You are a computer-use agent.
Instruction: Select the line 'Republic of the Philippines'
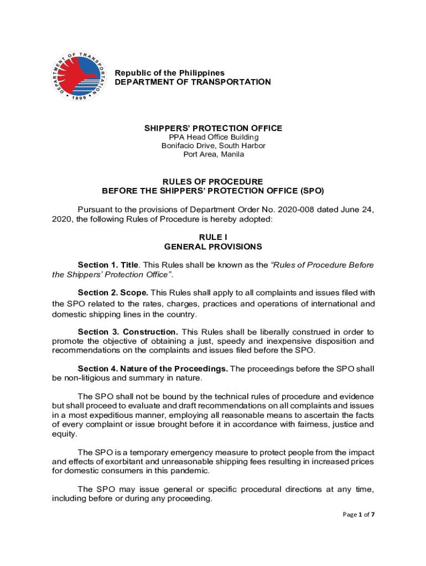[x=169, y=73]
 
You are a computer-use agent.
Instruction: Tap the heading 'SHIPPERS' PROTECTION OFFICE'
[x=213, y=128]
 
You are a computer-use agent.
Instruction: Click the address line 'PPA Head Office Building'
[x=213, y=137]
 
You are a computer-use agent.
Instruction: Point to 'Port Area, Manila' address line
[x=213, y=154]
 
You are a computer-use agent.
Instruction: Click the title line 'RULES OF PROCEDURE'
[x=213, y=181]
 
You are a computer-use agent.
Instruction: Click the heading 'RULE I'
[x=213, y=237]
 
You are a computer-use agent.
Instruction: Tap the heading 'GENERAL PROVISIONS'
[x=213, y=247]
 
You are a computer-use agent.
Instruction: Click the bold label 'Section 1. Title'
[x=108, y=265]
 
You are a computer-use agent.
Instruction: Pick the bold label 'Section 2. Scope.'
[x=113, y=292]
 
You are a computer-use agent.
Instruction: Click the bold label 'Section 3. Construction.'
[x=128, y=332]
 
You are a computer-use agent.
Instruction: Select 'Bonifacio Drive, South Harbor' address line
[x=213, y=146]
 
